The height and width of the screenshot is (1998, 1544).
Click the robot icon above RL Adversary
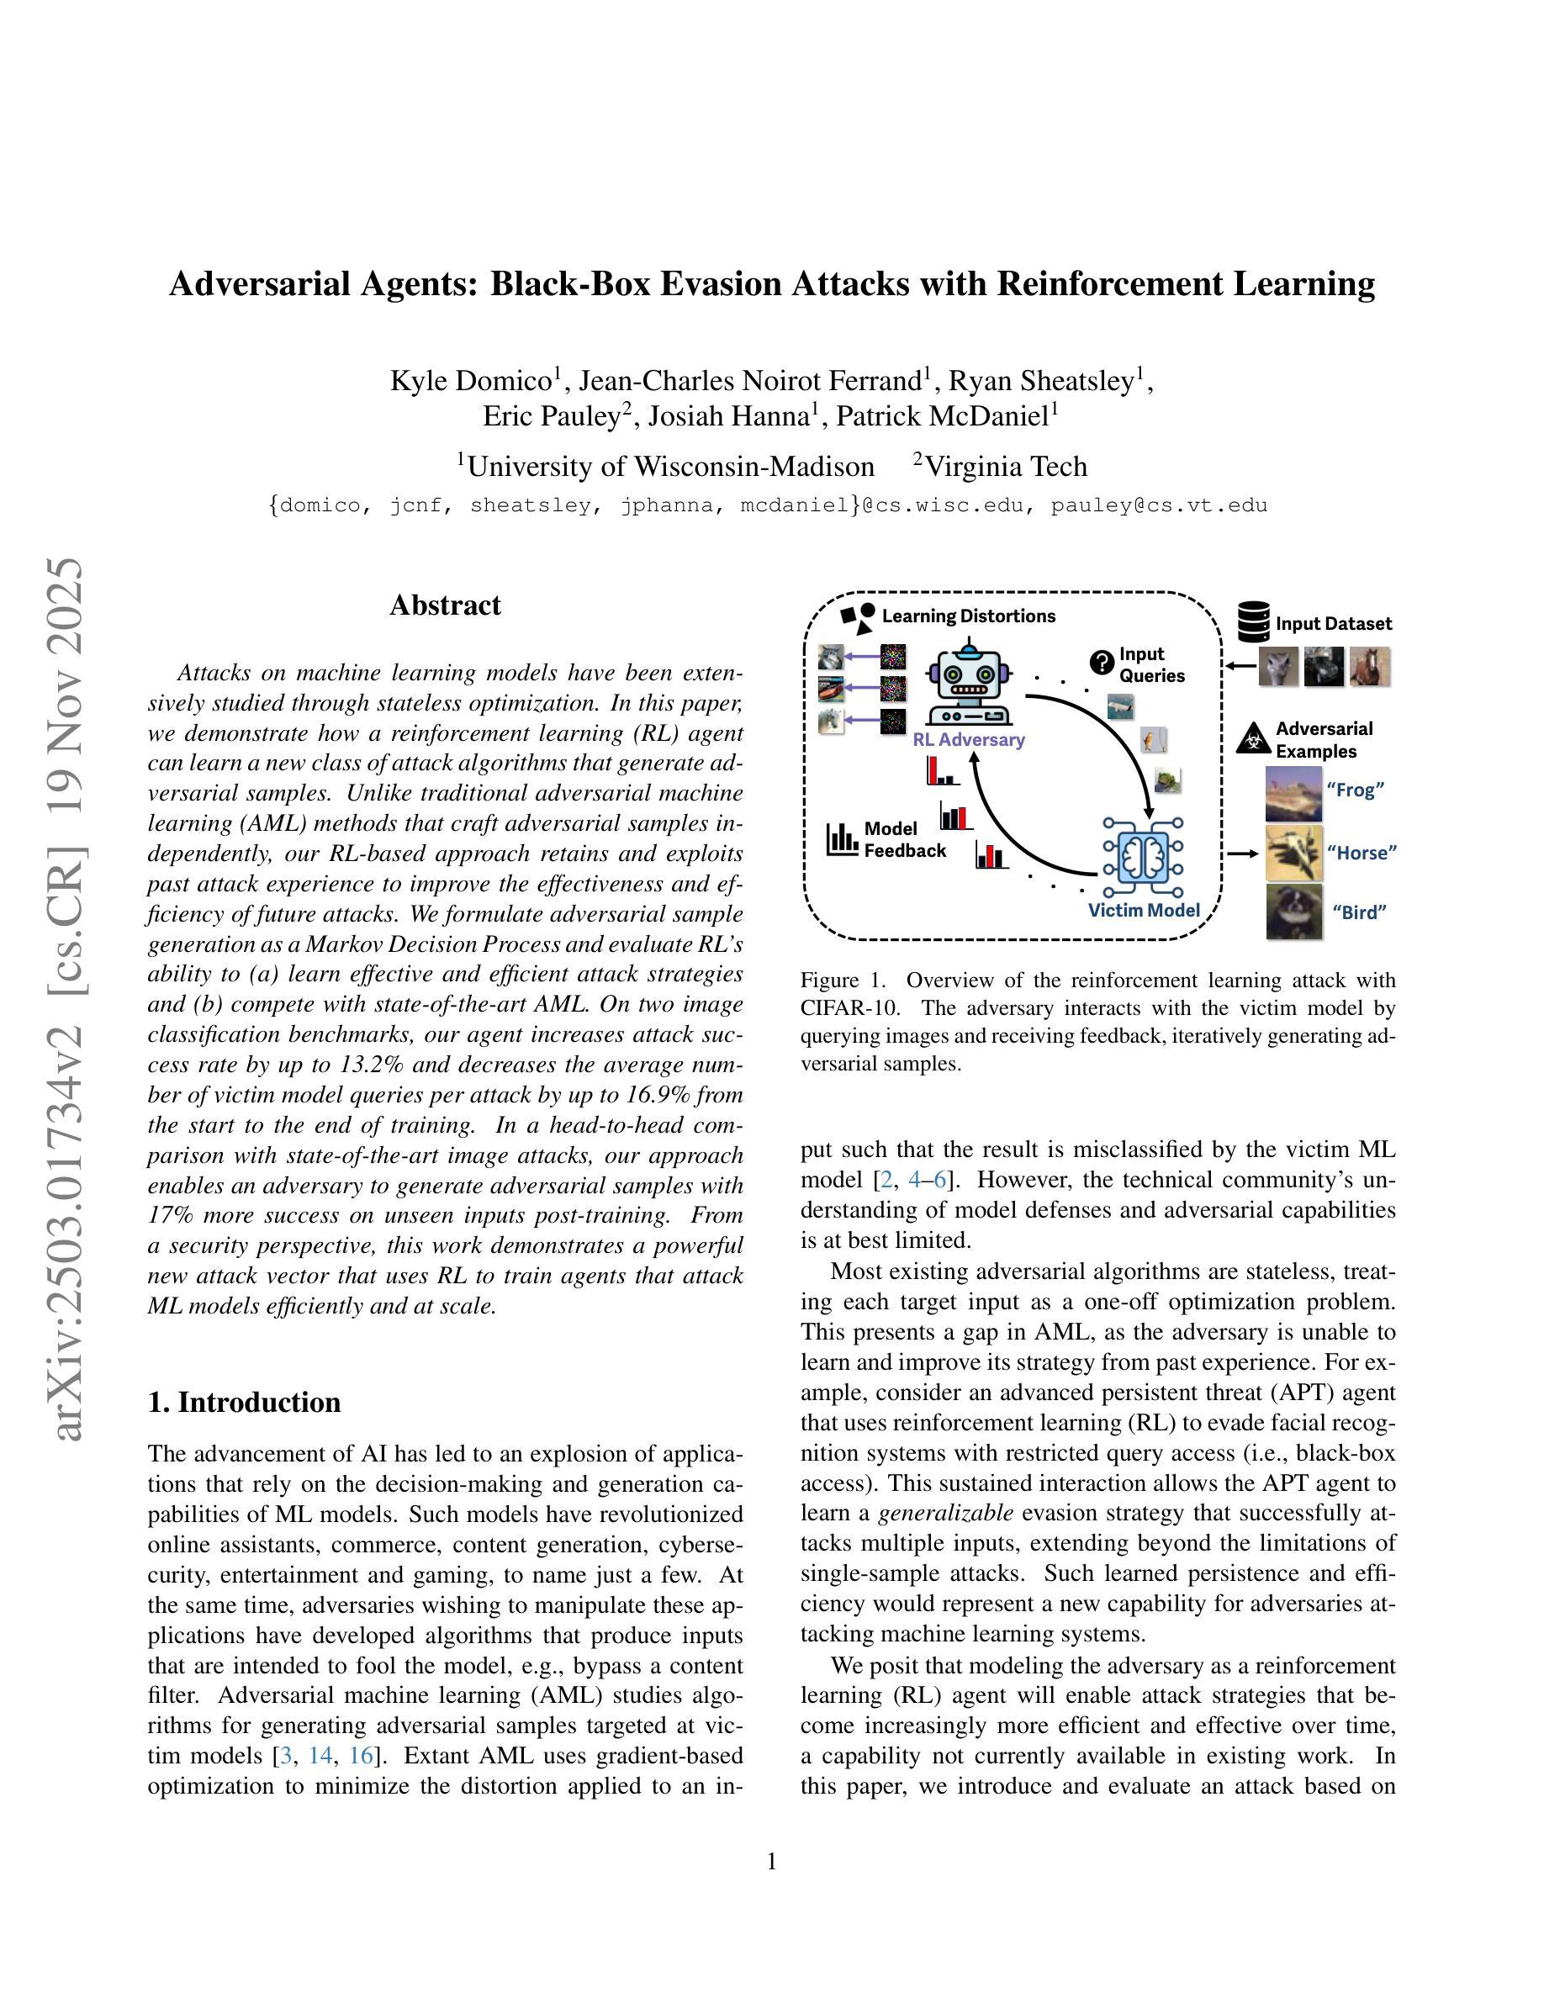point(968,685)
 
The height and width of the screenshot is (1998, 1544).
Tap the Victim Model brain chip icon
point(1143,856)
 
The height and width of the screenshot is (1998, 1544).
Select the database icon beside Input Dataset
point(1253,621)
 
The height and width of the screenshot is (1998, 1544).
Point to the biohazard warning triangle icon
point(1251,738)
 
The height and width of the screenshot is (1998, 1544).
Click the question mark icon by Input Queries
point(1102,660)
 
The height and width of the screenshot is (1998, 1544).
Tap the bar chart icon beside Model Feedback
point(842,839)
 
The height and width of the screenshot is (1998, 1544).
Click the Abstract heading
point(445,605)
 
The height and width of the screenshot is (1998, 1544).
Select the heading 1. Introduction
point(244,1403)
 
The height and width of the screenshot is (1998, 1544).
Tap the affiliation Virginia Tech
point(1005,467)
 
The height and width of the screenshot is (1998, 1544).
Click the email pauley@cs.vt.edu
point(1159,506)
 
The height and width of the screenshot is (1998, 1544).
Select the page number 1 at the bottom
point(771,1862)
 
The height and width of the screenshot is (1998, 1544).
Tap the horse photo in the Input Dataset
point(1369,666)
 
